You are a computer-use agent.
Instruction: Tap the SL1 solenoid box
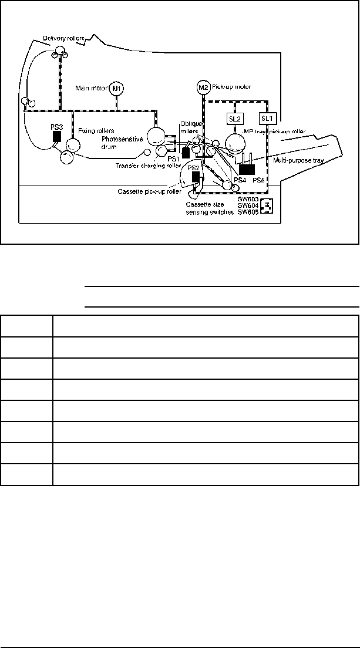pos(267,119)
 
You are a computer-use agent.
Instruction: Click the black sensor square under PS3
pos(57,137)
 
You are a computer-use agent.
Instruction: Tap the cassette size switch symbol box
pos(267,206)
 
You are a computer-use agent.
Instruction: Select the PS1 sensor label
pos(173,158)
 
